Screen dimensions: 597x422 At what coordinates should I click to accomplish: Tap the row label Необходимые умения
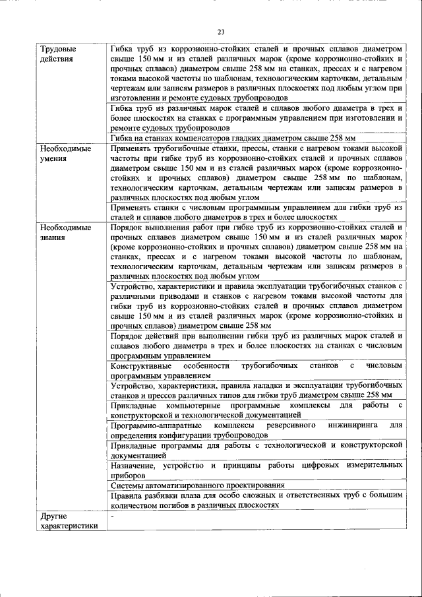click(65, 154)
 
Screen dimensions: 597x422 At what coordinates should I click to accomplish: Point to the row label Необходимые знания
click(65, 232)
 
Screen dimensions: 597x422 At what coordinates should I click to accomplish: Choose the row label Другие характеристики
click(69, 520)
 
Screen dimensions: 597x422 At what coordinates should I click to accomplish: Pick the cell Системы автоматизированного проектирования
click(197, 485)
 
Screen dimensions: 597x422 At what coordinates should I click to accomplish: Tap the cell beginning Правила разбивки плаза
click(256, 499)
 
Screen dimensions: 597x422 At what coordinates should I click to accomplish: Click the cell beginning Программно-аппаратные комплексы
click(256, 429)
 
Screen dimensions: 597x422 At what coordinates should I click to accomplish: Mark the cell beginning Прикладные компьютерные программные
click(256, 409)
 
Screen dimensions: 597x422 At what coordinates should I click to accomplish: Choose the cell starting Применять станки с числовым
click(256, 212)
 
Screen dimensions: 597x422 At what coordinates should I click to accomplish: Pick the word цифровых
click(324, 464)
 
